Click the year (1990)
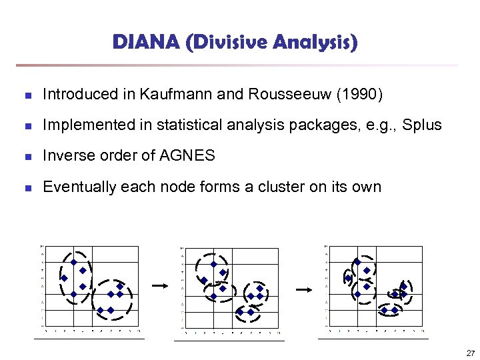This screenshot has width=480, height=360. pyautogui.click(x=360, y=95)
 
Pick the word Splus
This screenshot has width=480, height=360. pyautogui.click(x=423, y=125)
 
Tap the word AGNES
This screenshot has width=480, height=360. pyautogui.click(x=188, y=156)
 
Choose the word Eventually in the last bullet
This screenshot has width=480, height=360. pyautogui.click(x=78, y=187)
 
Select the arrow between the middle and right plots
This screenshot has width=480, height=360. pyautogui.click(x=304, y=289)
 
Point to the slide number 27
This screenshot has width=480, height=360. pyautogui.click(x=470, y=353)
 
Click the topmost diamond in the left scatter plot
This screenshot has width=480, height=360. pyautogui.click(x=73, y=263)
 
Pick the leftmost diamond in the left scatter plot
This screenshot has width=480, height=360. pyautogui.click(x=65, y=278)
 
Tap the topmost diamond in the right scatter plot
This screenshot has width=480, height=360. pyautogui.click(x=357, y=263)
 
